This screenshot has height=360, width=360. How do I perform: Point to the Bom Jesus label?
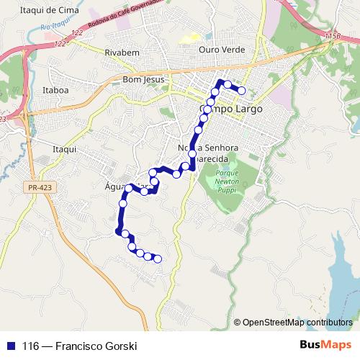144,78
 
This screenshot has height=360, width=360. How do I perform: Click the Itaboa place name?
55,91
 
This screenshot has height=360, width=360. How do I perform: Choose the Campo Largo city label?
230,109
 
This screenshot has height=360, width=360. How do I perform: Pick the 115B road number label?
333,35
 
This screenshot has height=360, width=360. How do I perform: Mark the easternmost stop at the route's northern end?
242,90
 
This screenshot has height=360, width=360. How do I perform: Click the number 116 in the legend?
31,346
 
